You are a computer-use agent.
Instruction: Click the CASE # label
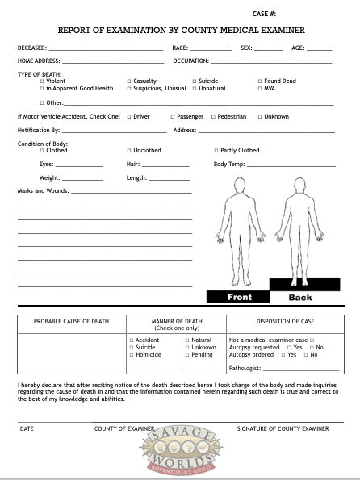click(265, 14)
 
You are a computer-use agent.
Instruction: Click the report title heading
click(182, 31)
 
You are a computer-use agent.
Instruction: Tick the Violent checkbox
click(42, 81)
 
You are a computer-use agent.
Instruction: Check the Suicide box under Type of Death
click(195, 81)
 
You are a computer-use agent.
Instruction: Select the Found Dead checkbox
click(260, 81)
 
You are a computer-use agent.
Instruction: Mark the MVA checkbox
click(260, 88)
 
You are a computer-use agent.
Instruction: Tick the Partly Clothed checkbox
click(216, 151)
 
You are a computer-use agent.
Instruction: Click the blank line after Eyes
click(79, 165)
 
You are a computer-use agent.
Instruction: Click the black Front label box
click(239, 297)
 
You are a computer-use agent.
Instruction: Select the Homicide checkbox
click(132, 355)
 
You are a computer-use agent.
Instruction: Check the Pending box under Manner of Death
click(187, 355)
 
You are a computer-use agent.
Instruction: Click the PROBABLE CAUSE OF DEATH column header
click(71, 321)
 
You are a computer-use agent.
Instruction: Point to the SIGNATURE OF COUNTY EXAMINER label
click(283, 428)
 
